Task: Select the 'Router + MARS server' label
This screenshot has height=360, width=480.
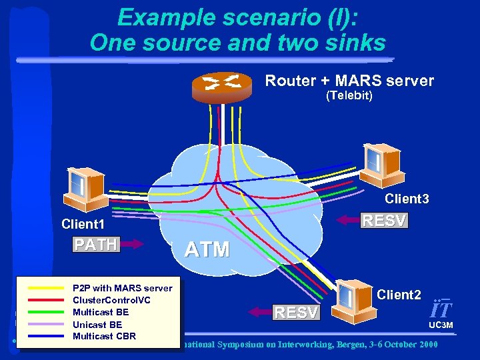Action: coord(349,81)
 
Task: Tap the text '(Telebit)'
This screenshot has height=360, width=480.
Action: coord(349,97)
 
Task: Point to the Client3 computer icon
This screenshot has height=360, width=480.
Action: coord(380,164)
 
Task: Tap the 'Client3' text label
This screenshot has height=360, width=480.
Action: coord(407,199)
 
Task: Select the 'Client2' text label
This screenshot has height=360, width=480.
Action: coord(399,294)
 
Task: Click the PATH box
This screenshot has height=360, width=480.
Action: coord(95,244)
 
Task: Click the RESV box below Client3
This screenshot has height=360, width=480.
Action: coord(383,221)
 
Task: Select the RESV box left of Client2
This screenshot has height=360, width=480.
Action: coord(297,311)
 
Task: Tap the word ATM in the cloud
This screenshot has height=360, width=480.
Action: coord(207,250)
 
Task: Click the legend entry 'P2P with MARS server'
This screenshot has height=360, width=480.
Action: coord(122,288)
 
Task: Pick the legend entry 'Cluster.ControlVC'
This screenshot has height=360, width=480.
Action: coord(111,300)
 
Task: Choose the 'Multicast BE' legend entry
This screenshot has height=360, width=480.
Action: coord(101,312)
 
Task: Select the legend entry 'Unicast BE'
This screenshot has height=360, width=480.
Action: coord(97,324)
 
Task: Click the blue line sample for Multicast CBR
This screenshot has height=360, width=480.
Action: coord(44,336)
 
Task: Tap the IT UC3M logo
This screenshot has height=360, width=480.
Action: coord(441,313)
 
